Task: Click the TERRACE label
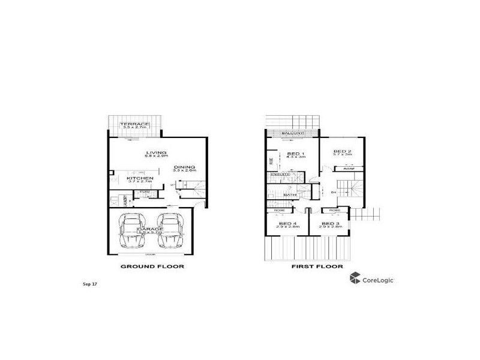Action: coord(135,124)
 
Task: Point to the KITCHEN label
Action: coord(140,178)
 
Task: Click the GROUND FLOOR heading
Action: coord(152,266)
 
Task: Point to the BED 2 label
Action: coord(342,151)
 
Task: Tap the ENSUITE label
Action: coord(279,175)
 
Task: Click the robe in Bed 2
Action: coord(349,170)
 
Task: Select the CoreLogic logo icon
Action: coord(355,278)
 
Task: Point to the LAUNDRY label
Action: coord(124,200)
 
